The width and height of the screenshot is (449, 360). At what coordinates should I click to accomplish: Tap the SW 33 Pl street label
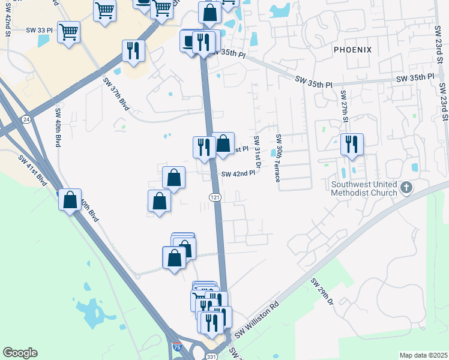(40, 29)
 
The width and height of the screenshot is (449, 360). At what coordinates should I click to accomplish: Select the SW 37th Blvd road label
(116, 92)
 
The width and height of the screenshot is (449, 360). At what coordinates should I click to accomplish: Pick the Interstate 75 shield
(177, 347)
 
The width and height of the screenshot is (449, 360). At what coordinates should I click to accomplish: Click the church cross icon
(406, 188)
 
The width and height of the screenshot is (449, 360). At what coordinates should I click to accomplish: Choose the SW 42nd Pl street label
(239, 174)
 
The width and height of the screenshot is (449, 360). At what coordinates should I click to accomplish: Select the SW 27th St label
(345, 107)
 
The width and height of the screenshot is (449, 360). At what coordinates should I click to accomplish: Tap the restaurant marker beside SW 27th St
(352, 145)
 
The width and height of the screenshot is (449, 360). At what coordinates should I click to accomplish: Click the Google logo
(20, 353)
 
